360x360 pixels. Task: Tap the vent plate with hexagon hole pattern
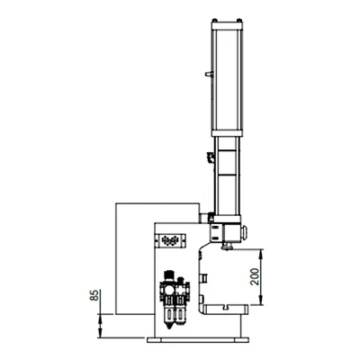pyautogui.click(x=170, y=241)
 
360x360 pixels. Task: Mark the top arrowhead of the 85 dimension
pyautogui.click(x=102, y=311)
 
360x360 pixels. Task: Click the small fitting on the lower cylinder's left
pyautogui.click(x=209, y=159)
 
